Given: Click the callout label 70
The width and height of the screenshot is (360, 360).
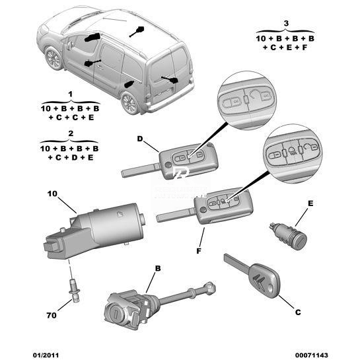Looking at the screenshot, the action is click(x=52, y=315).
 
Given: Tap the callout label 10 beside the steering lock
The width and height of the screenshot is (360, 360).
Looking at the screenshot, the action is click(x=52, y=194).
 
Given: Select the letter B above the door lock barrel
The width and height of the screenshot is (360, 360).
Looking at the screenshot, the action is click(x=158, y=268).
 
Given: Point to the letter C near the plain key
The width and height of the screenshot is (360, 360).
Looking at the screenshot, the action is click(x=298, y=312).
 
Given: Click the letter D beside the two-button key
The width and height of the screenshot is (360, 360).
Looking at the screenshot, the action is click(x=140, y=139).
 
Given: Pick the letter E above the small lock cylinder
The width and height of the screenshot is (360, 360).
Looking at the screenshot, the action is click(x=310, y=203).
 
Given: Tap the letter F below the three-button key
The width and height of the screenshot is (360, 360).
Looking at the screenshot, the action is click(x=199, y=251).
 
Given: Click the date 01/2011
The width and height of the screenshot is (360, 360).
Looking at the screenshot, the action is click(x=46, y=355).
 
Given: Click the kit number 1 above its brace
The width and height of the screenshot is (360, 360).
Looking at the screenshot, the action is click(x=71, y=94).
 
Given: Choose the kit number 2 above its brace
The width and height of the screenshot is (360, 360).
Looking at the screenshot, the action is click(x=71, y=133).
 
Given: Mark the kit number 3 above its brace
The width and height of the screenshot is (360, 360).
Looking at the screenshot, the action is click(x=286, y=23).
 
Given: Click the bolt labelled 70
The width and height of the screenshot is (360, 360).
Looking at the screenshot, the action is click(x=74, y=290).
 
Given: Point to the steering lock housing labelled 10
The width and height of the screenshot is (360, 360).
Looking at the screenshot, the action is click(x=94, y=230).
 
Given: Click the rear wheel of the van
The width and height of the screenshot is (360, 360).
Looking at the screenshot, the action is click(x=130, y=102).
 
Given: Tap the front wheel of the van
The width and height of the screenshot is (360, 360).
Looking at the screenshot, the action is click(x=54, y=58).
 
